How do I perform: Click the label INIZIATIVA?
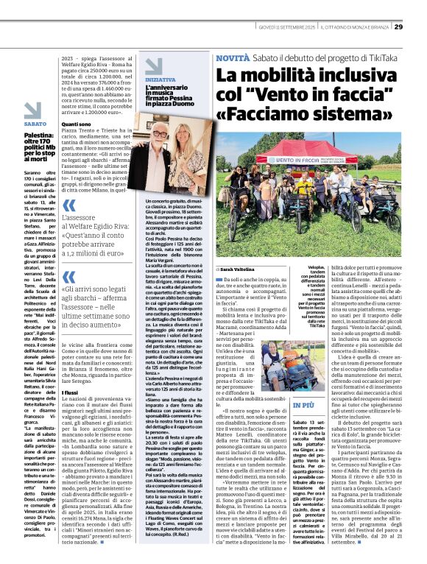(160, 80)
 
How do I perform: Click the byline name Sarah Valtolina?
(239, 270)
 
